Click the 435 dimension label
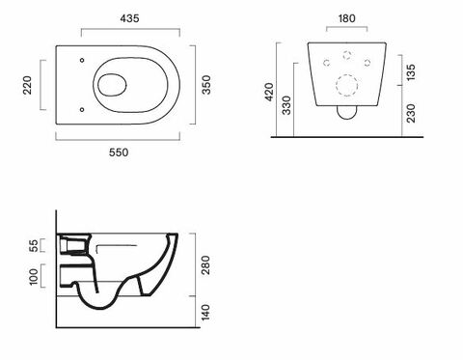(x=129, y=18)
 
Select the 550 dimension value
(x=119, y=152)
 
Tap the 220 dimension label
(x=28, y=85)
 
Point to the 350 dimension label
(x=206, y=85)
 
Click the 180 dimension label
(x=347, y=18)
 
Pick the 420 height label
(x=269, y=92)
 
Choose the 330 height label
(x=286, y=105)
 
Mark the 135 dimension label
(x=411, y=72)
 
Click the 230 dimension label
(x=411, y=113)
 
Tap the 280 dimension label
(x=206, y=265)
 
